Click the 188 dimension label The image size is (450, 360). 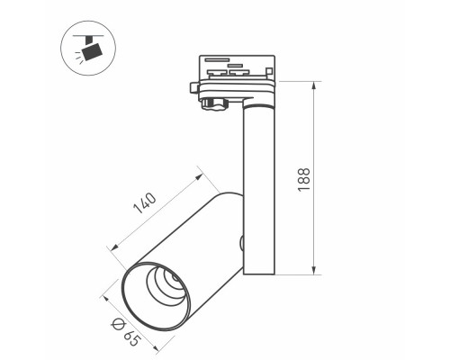pyautogui.click(x=303, y=179)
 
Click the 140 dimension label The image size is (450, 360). pyautogui.click(x=145, y=203)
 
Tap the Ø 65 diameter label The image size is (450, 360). pyautogui.click(x=126, y=332)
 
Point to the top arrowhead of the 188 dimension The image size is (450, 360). pyautogui.click(x=314, y=85)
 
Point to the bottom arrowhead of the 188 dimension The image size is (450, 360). pyautogui.click(x=314, y=270)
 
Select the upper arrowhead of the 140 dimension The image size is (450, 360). pyautogui.click(x=199, y=176)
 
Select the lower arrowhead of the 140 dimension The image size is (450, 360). pyautogui.click(x=114, y=247)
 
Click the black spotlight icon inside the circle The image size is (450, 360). pyautogui.click(x=93, y=51)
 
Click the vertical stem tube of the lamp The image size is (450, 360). pyautogui.click(x=259, y=189)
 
